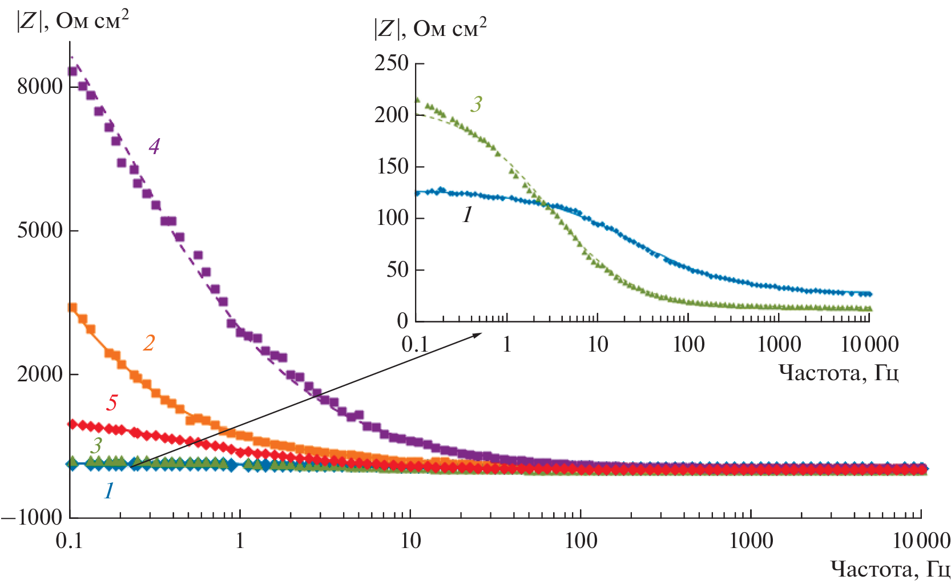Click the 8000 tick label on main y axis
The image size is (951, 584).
tap(39, 87)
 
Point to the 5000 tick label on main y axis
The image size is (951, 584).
tap(39, 231)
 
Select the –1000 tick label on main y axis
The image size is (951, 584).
tap(32, 518)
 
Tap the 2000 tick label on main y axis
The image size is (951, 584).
tap(39, 374)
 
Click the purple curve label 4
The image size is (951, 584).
tap(154, 147)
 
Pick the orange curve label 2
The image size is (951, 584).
tap(149, 343)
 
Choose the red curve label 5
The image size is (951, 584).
tap(112, 402)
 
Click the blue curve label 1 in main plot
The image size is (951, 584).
tap(108, 490)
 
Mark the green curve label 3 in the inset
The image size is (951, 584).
tap(477, 104)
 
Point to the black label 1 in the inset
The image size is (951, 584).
tap(468, 215)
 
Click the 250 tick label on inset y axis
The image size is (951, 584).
tap(392, 63)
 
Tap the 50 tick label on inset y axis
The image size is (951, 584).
tap(397, 269)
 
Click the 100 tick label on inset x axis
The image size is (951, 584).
tap(688, 344)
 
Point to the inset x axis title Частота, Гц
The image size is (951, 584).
tap(839, 373)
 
